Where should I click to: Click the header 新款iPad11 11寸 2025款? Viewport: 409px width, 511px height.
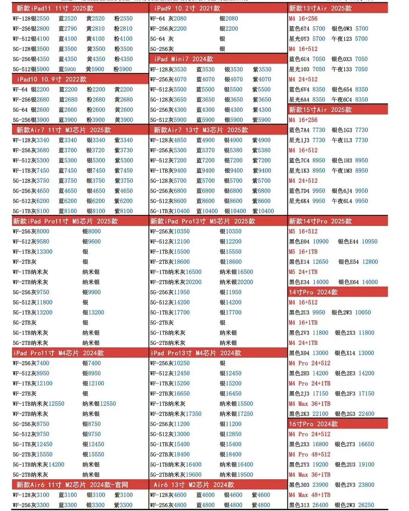point(55,8)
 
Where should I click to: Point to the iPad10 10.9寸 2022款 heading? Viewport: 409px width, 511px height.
point(52,79)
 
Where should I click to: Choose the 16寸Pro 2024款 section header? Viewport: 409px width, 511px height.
point(313,424)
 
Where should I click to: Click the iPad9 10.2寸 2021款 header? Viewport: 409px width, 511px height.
point(187,8)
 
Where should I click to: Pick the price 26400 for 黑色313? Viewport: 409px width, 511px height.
point(320,505)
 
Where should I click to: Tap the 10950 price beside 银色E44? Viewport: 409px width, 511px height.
point(370,241)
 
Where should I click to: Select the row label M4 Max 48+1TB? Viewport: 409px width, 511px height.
point(309,495)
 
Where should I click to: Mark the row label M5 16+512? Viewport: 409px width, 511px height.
point(303,231)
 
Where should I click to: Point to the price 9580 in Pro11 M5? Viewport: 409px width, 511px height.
point(43,241)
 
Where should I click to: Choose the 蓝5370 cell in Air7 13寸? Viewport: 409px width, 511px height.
point(205,150)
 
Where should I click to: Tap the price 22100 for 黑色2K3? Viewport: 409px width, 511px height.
point(320,414)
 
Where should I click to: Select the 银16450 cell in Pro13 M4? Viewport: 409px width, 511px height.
point(231,394)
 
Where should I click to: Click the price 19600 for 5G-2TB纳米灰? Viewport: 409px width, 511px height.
point(194,475)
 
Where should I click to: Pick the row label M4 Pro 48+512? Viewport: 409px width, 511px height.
point(309,454)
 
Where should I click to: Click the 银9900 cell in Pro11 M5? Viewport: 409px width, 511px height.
point(92,292)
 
